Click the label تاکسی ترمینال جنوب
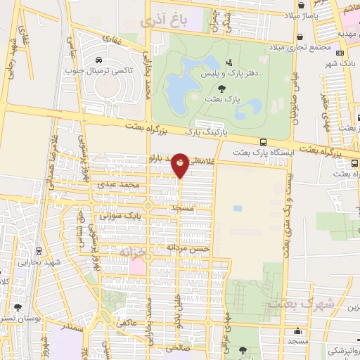[x=98, y=70]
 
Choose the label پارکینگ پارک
[x=198, y=131]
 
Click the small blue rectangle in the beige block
[x=238, y=208]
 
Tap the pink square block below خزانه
[x=138, y=268]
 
